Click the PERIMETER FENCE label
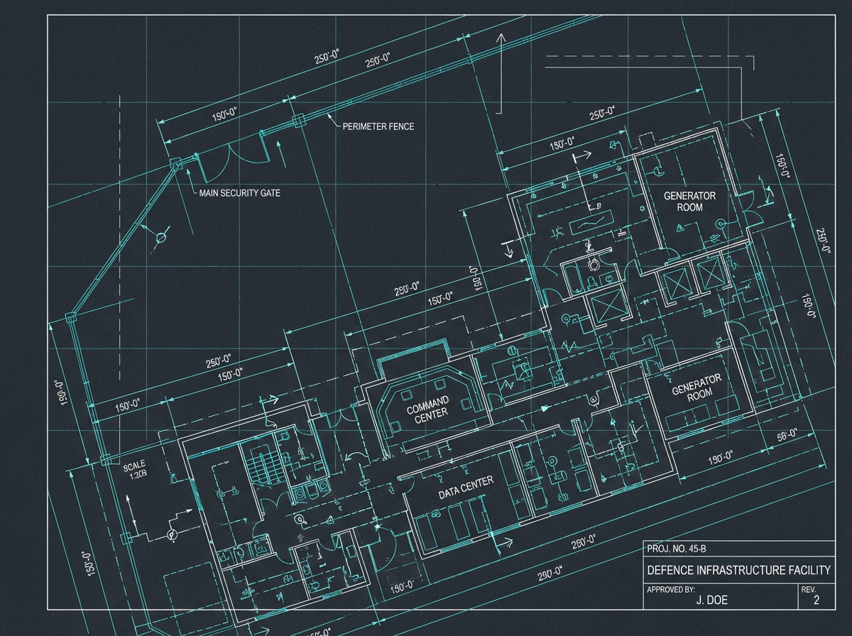pyautogui.click(x=378, y=127)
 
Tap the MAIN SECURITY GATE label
pyautogui.click(x=239, y=192)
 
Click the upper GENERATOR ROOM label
pyautogui.click(x=689, y=201)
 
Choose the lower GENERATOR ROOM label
pyautogui.click(x=697, y=389)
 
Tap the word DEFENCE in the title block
pyautogui.click(x=671, y=570)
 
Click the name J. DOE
pyautogui.click(x=712, y=601)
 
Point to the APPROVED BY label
pyautogui.click(x=670, y=589)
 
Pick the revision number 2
pyautogui.click(x=816, y=601)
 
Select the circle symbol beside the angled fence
pyautogui.click(x=162, y=237)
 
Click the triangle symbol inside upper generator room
pyautogui.click(x=681, y=228)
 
